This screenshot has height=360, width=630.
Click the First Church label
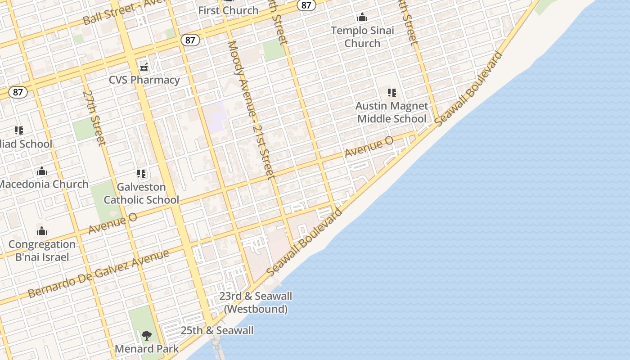[x=228, y=10]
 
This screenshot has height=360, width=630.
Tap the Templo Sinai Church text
[x=362, y=37]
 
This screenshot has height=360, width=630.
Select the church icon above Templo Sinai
[x=362, y=18]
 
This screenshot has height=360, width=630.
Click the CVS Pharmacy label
[x=144, y=80]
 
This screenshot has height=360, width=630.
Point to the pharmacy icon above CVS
[x=144, y=67]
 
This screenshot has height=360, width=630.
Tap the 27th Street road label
[x=94, y=118]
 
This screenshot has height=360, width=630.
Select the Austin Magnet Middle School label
[x=391, y=112]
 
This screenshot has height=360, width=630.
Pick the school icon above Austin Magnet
[x=392, y=93]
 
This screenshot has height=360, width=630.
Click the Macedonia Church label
[x=44, y=184]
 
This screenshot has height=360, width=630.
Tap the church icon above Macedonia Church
[x=42, y=171]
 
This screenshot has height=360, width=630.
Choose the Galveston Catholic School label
[x=141, y=193]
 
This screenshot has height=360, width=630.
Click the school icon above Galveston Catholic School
[x=141, y=174]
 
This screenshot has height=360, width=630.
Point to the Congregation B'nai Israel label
[x=42, y=251]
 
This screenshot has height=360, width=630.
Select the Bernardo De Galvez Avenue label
[x=98, y=273]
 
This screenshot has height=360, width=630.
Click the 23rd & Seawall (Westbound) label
[x=256, y=302]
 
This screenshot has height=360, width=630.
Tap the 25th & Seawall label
[x=217, y=330]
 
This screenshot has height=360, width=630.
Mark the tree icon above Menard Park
[x=146, y=335]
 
